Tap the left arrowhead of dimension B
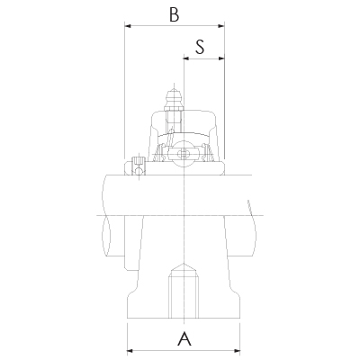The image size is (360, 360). coord(127,27)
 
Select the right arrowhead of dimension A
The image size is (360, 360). coord(239,349)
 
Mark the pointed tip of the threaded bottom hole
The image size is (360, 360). coord(184,265)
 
